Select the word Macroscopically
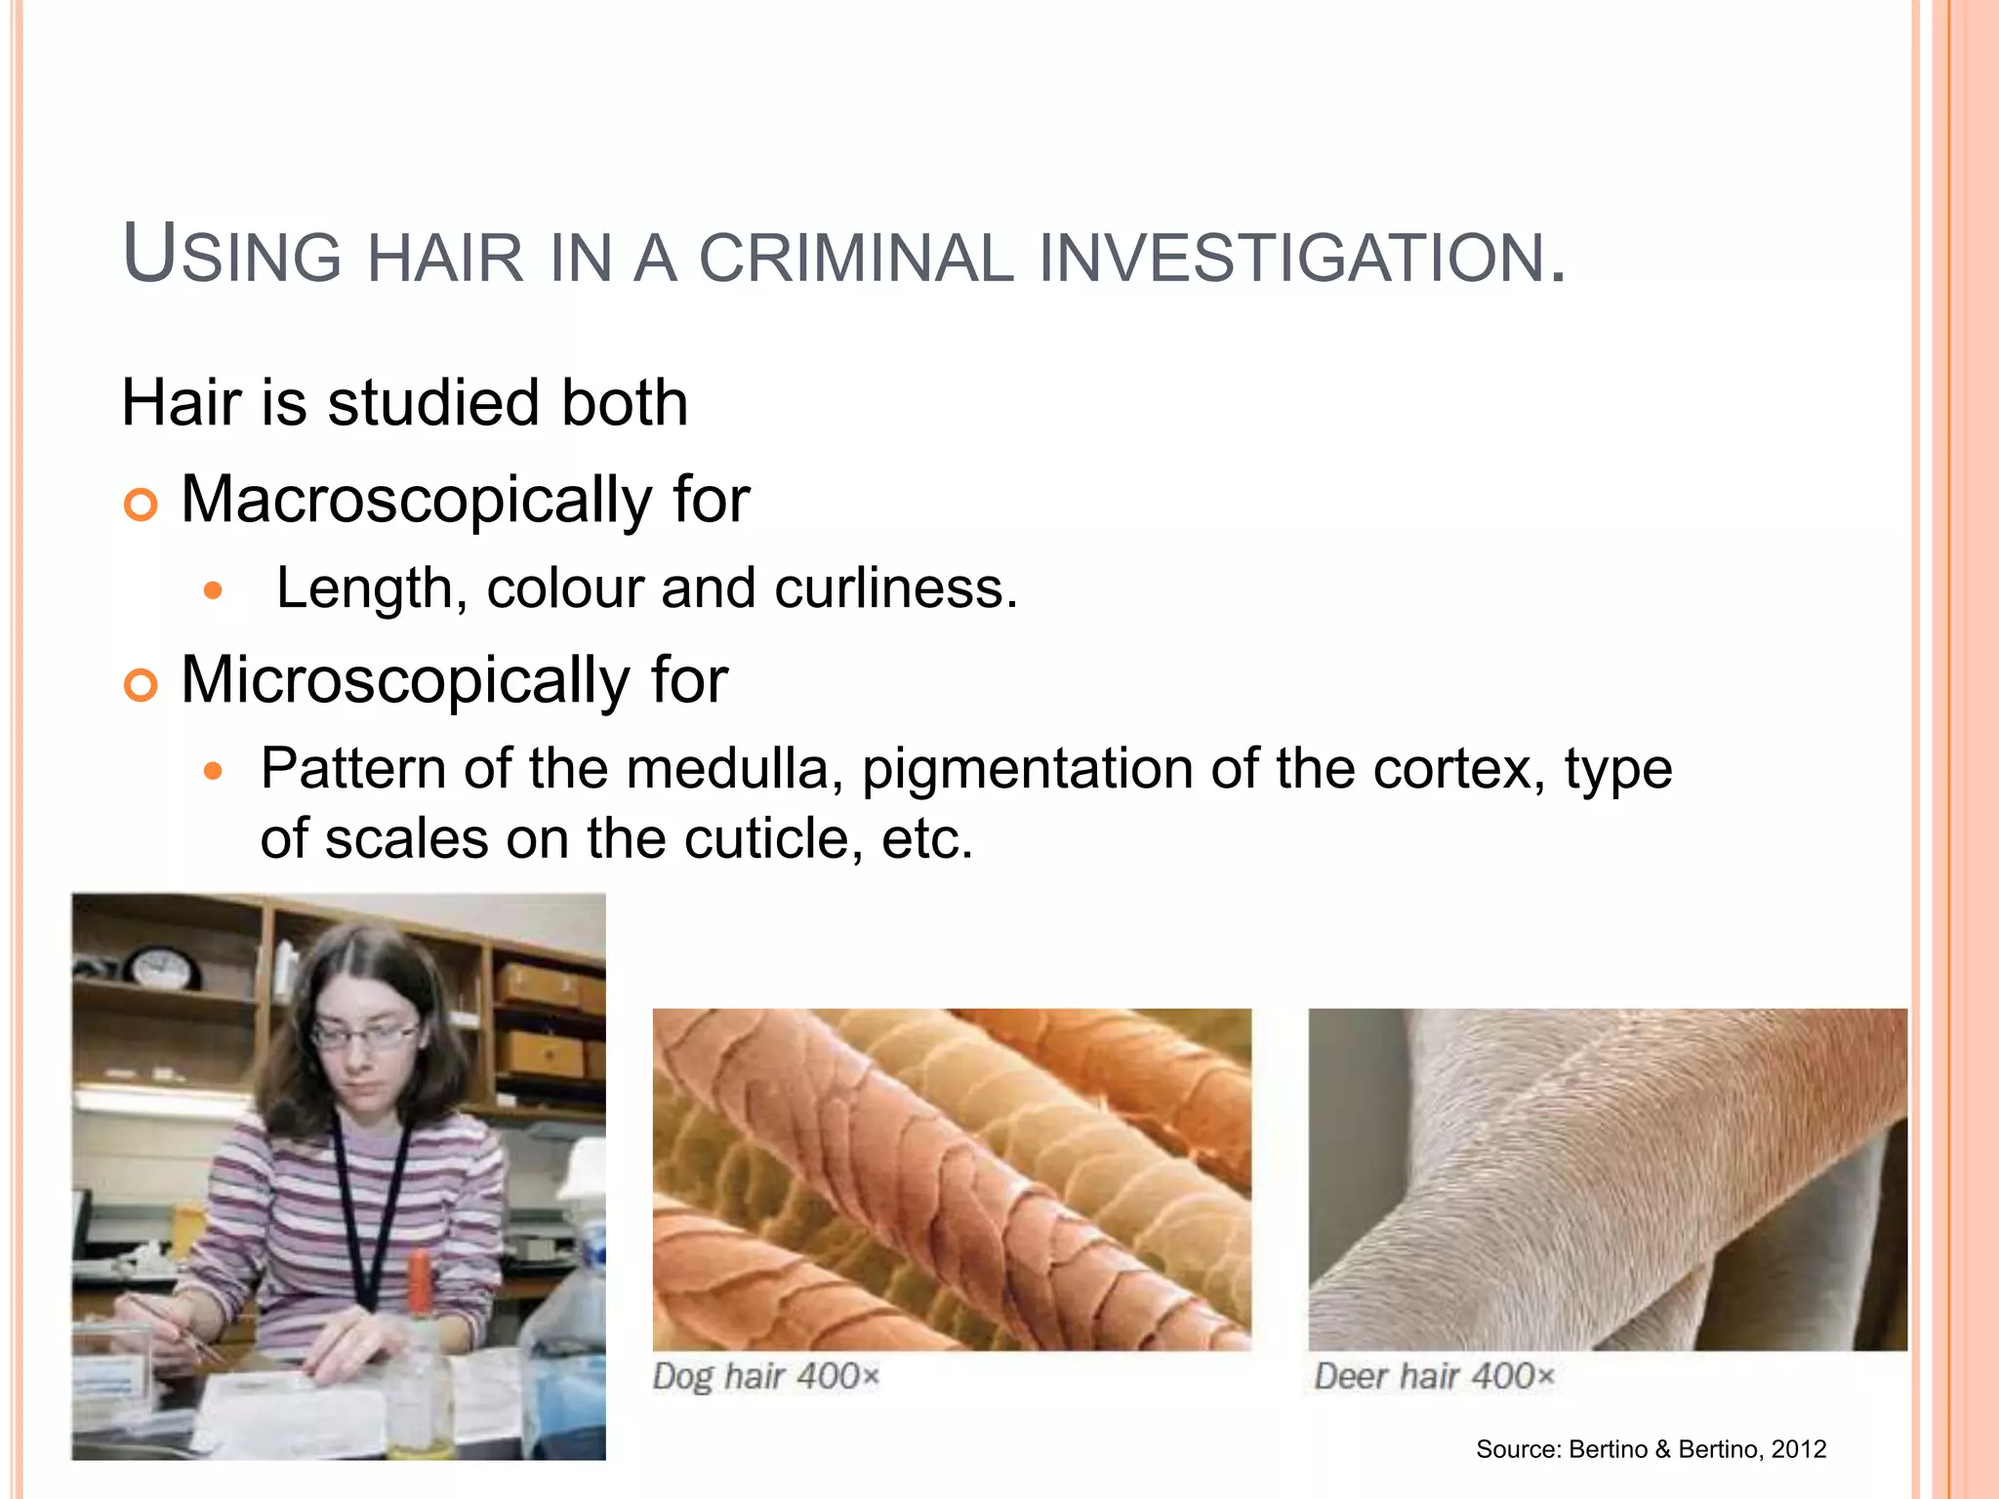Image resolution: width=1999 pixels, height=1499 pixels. coord(416,500)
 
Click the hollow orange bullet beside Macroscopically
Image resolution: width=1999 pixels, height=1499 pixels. coord(141,505)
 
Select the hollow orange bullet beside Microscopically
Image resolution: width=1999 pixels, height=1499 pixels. coord(141,685)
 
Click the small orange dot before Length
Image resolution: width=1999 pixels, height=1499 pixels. coord(214,590)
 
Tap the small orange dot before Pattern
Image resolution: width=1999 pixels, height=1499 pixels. coord(214,772)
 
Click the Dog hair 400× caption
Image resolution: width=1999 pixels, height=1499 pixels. coord(766,1377)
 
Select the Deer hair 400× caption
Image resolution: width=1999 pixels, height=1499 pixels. coord(1433,1377)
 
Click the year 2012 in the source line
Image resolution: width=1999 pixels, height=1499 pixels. coord(1798,1449)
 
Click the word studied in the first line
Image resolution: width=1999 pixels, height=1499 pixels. coord(432,403)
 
